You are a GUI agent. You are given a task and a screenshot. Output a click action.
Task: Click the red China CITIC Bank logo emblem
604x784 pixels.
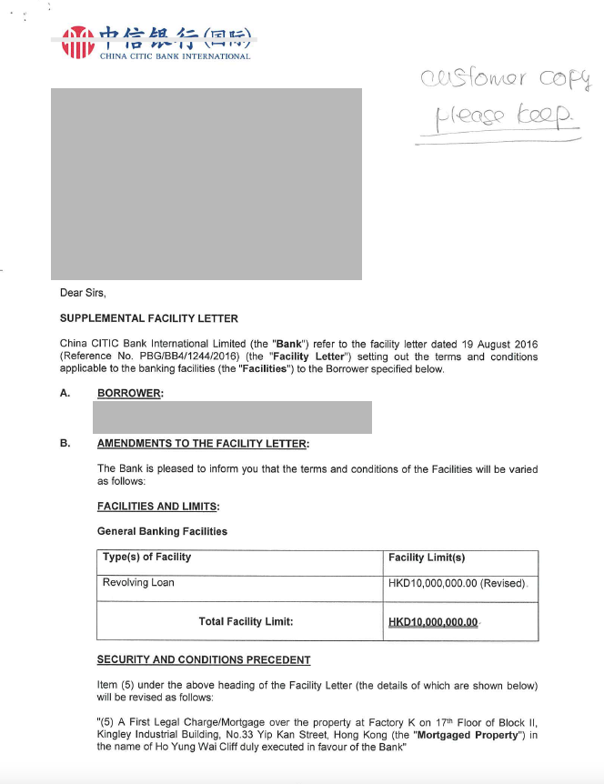(x=78, y=42)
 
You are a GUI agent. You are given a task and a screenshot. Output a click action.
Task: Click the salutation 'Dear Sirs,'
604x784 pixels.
(x=83, y=293)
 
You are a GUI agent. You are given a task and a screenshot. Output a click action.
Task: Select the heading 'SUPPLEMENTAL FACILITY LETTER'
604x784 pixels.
(x=149, y=318)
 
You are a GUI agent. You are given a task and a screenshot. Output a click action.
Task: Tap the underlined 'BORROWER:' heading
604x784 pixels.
(x=130, y=393)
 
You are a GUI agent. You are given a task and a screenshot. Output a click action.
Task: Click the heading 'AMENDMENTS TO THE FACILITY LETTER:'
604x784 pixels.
(x=203, y=443)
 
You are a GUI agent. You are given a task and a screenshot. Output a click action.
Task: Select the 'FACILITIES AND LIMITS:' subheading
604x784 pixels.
(x=158, y=507)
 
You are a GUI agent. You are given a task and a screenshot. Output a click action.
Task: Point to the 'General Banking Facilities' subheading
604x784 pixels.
(x=162, y=531)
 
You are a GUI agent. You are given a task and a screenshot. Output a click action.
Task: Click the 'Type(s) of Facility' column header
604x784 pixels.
(x=146, y=558)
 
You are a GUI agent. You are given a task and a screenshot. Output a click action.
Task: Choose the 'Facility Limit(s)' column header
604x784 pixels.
(x=427, y=558)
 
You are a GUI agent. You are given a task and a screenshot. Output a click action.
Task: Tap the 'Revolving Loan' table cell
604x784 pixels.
(x=138, y=582)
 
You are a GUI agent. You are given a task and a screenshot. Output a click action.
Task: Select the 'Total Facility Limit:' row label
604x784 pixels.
(x=246, y=622)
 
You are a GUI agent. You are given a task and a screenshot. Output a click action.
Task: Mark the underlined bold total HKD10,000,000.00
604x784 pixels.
(x=433, y=622)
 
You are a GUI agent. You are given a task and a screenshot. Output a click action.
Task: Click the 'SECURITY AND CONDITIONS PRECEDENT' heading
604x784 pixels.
(x=204, y=659)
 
